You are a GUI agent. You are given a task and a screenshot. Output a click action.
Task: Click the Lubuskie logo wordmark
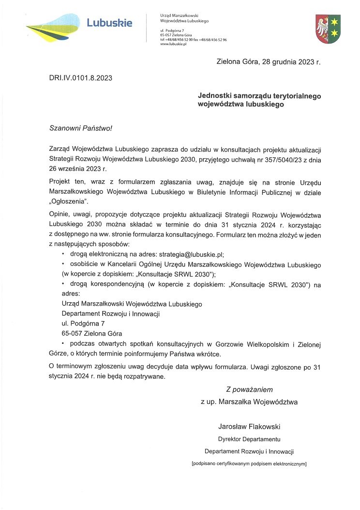click(109, 22)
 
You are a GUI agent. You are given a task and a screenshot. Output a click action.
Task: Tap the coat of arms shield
click(328, 28)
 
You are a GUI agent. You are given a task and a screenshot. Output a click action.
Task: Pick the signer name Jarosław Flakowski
click(249, 426)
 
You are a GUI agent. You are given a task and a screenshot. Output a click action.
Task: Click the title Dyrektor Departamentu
click(249, 439)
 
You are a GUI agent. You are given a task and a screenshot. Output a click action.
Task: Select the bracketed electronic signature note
click(249, 464)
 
